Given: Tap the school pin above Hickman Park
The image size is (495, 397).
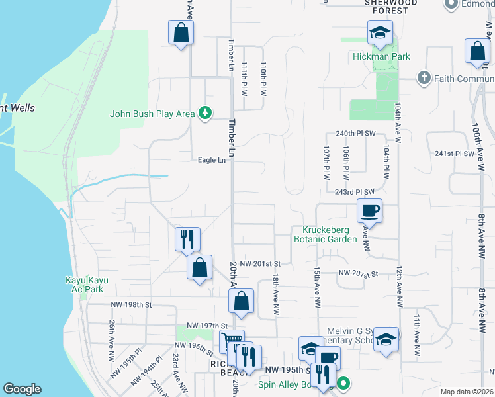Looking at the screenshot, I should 381,32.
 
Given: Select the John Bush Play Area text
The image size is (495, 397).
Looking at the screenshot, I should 153,114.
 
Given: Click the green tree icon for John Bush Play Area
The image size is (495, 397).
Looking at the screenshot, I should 206,114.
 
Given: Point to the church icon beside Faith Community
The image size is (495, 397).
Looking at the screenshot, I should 424,78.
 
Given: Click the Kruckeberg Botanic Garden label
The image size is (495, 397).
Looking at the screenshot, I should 326,234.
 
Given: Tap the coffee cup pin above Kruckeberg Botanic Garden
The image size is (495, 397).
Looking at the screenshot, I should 370,212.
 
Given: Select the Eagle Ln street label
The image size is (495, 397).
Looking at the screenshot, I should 212,159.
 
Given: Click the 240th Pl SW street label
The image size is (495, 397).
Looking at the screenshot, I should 355,133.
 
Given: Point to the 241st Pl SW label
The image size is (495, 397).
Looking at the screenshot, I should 455,154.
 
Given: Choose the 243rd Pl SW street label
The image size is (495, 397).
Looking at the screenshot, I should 355,192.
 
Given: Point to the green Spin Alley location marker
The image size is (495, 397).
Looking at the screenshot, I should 343,383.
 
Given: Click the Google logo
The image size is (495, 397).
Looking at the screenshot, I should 22,388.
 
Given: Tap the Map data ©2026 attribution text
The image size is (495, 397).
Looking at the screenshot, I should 467,392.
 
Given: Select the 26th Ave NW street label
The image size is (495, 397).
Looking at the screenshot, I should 111,340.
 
